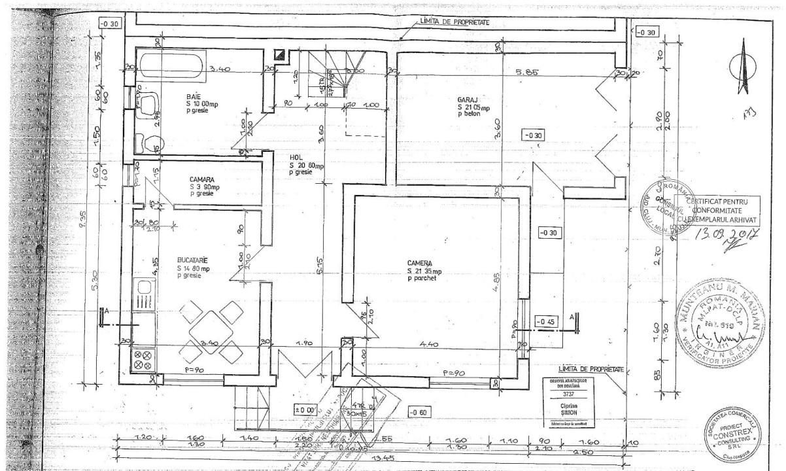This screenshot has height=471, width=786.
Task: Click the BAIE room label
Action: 193,96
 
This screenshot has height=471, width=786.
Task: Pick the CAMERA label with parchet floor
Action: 422,263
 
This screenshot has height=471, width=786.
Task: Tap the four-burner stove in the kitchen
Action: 143,359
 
